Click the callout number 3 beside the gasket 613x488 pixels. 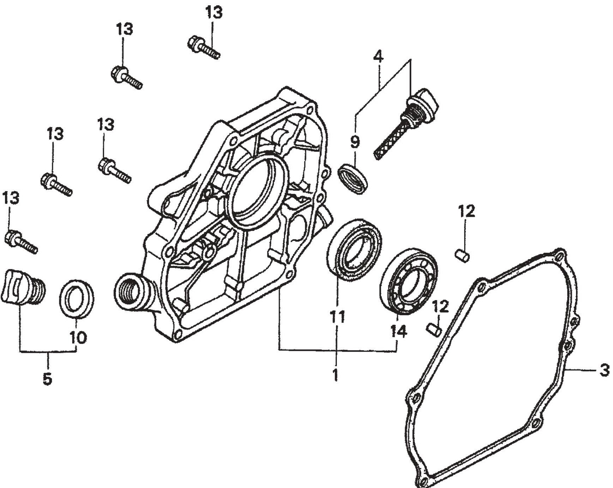click(604, 371)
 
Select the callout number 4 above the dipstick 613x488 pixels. click(378, 57)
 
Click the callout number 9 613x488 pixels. click(355, 142)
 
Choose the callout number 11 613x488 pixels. click(337, 317)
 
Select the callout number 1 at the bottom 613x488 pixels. click(335, 374)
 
